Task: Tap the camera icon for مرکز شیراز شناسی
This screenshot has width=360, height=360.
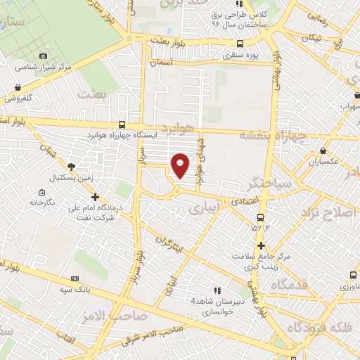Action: point(44,56)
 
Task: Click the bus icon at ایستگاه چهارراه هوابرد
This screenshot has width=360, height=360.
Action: point(122,122)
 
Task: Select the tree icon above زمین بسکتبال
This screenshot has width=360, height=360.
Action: point(71,166)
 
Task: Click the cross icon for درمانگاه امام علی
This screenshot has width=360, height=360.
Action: point(96,197)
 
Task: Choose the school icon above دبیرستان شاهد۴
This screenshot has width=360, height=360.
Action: point(217,289)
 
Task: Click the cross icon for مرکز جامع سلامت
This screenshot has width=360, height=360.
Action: point(261,245)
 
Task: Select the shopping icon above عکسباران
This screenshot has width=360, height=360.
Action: point(323,150)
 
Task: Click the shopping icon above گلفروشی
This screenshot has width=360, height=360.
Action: point(18,88)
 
